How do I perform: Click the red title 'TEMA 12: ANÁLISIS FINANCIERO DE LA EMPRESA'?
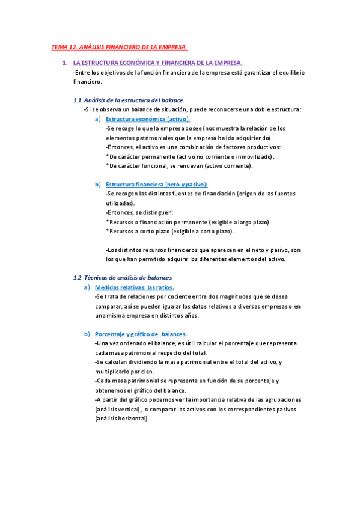point(119,47)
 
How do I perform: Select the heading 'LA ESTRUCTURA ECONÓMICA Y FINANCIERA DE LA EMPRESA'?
point(157,63)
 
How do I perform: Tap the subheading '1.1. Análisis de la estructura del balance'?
point(128,100)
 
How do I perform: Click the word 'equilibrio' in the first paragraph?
point(290,72)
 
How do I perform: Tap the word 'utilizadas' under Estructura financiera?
point(120,203)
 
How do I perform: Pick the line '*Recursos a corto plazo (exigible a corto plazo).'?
point(170,231)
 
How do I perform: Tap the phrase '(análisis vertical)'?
point(118,409)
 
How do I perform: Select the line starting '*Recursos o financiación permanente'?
point(188,222)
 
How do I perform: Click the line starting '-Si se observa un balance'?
point(192,109)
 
